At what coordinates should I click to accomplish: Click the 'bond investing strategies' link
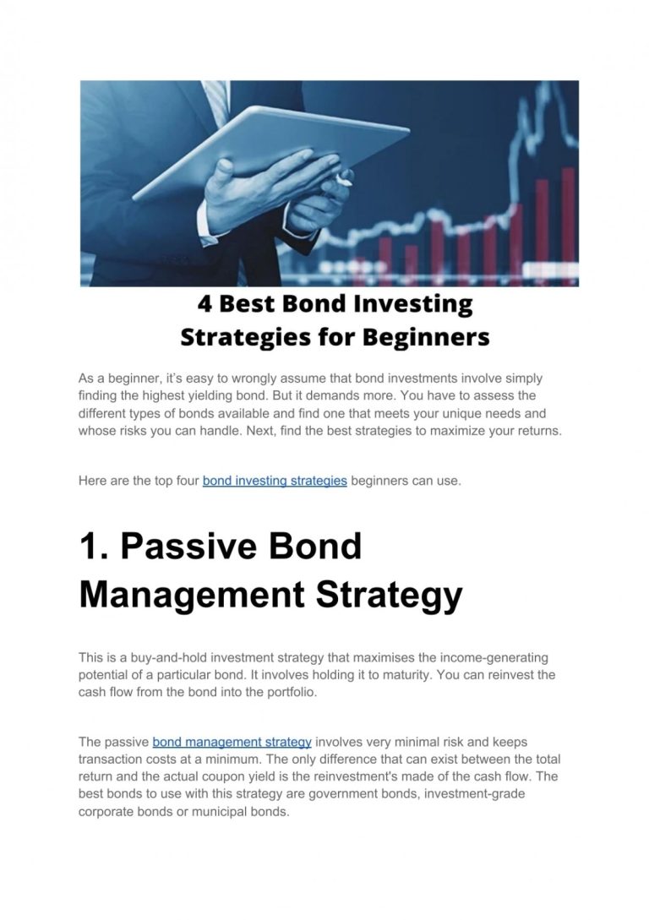tap(275, 482)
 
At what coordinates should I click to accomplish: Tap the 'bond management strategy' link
tap(232, 743)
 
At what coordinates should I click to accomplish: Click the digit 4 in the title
tap(205, 304)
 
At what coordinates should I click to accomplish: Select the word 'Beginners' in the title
tap(426, 337)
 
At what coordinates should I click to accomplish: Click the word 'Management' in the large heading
tap(192, 595)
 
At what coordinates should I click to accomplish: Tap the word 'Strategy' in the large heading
tap(389, 595)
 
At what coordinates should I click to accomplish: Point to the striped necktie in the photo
tap(216, 101)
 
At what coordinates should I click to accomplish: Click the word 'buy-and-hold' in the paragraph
tap(168, 658)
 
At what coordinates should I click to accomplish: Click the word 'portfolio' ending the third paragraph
tap(292, 693)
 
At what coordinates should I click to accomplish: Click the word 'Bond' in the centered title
tap(314, 304)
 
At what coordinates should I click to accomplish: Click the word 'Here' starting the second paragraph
tap(92, 482)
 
